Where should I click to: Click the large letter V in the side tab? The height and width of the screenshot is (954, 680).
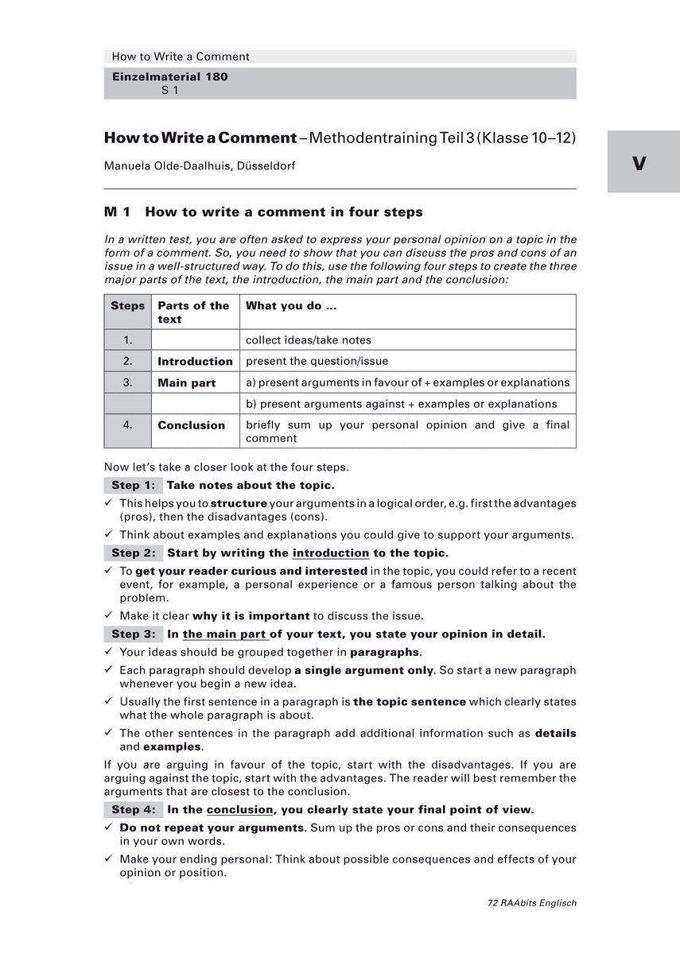(639, 163)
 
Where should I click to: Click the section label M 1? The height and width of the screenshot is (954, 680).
(117, 212)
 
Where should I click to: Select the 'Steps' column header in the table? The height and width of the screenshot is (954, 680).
(128, 306)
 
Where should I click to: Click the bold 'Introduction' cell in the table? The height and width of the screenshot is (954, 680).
(195, 362)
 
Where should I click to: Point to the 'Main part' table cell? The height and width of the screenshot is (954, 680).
(187, 383)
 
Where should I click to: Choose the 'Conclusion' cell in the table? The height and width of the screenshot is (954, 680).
(192, 425)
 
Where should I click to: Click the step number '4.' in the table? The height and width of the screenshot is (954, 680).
(128, 425)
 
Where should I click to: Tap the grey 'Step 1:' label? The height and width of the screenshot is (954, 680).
(133, 486)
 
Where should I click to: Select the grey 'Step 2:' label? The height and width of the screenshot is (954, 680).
(133, 553)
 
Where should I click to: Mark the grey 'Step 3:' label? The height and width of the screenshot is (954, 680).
(133, 634)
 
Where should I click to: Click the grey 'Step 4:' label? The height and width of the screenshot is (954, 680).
(133, 810)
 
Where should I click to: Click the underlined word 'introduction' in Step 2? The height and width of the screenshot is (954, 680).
(331, 553)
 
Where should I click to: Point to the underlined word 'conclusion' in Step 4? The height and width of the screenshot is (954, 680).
(239, 810)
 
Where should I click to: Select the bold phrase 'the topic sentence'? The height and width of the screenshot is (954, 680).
(410, 702)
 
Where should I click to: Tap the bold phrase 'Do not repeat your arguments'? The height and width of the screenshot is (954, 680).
(212, 828)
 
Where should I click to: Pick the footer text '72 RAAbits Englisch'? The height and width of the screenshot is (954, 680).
(532, 903)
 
